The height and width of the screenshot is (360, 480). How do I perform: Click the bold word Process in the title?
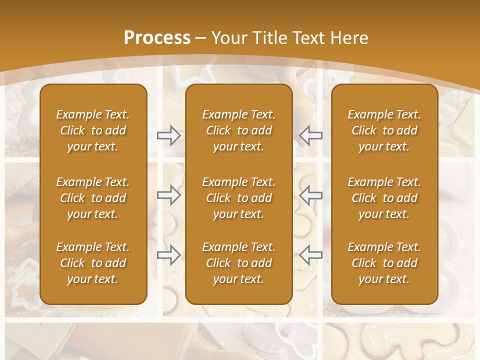(x=157, y=38)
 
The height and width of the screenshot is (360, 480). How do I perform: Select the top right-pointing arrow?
(x=169, y=135)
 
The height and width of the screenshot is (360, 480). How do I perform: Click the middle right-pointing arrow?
(x=169, y=195)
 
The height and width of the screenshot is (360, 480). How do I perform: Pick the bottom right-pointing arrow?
(x=169, y=255)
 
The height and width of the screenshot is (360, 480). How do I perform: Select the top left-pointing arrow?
(x=311, y=135)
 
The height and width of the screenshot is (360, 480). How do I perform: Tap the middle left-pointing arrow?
(x=311, y=195)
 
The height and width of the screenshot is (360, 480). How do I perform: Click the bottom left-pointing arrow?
(x=311, y=255)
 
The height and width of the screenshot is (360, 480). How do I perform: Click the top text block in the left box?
(x=93, y=130)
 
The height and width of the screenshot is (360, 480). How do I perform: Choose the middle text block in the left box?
(x=93, y=198)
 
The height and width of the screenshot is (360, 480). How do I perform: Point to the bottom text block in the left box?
(x=93, y=263)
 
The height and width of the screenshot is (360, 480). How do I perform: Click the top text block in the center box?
(x=238, y=130)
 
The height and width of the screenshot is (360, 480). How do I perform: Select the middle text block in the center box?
(x=238, y=198)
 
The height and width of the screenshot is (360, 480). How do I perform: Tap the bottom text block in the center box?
(x=238, y=263)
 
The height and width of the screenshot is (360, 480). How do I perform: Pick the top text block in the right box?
(x=384, y=130)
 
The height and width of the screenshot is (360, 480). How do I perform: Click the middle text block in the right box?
(x=384, y=198)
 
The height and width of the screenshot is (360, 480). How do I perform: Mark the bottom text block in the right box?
(x=384, y=263)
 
